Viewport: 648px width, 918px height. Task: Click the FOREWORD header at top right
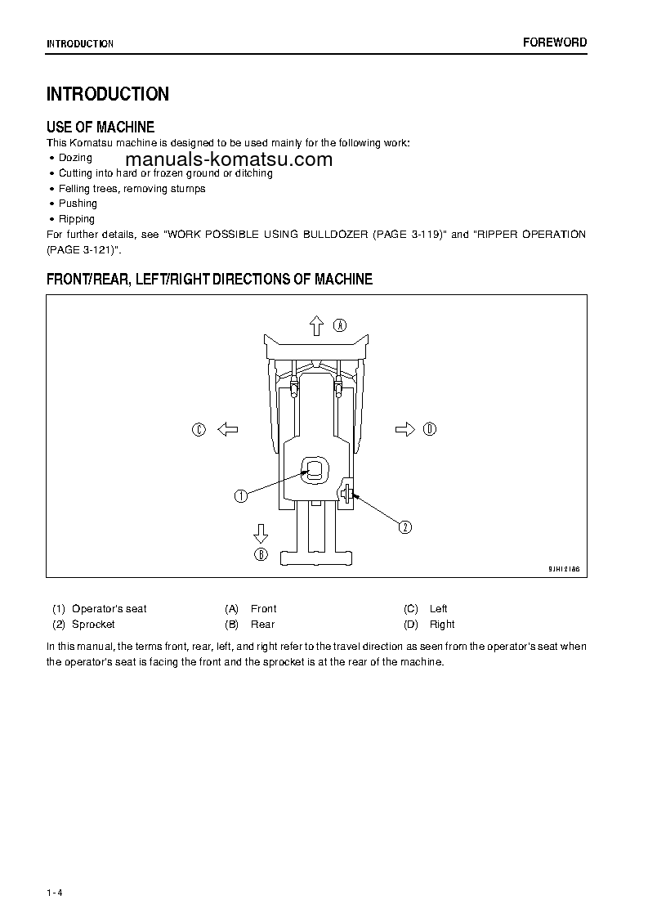[555, 43]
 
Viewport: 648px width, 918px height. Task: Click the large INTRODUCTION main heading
[108, 94]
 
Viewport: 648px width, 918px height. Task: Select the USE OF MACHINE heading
[101, 127]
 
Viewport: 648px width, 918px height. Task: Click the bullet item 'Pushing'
[78, 204]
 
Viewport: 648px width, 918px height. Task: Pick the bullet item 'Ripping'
[77, 219]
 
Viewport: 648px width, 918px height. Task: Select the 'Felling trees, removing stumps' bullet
[132, 189]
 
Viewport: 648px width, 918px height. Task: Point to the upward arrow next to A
[317, 325]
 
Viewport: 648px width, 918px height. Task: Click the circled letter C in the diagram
[199, 429]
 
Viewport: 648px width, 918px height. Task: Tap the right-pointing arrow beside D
[404, 429]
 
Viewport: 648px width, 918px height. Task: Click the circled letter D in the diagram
[431, 429]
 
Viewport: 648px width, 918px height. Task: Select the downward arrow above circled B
[261, 534]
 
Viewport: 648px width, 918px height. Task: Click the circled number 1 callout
[241, 495]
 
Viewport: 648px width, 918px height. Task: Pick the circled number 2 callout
[405, 526]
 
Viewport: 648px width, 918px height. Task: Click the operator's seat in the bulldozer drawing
[315, 469]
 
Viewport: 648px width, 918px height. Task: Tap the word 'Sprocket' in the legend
[93, 625]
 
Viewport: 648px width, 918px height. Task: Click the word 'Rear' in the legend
[262, 625]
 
